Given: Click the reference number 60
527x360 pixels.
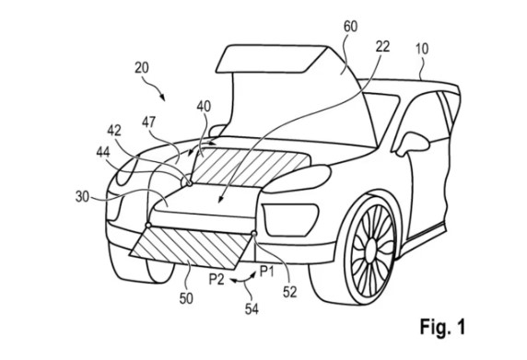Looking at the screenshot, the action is tap(350, 27).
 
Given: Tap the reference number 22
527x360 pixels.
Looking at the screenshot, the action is tap(382, 46).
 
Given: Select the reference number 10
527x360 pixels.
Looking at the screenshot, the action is tap(422, 49).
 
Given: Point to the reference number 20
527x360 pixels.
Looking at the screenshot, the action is tap(142, 68).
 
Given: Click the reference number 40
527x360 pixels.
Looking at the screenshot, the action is tap(204, 107).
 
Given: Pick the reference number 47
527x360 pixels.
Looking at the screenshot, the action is tap(149, 122).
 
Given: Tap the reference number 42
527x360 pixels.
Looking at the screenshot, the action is tap(114, 131).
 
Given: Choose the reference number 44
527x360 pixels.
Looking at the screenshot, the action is tap(103, 153).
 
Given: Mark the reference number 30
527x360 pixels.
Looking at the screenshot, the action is tap(82, 196).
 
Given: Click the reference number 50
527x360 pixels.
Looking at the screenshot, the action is tap(186, 298).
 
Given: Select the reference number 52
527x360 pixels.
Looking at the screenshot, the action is tap(289, 292).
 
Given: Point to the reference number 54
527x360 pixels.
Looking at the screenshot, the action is tap(252, 309).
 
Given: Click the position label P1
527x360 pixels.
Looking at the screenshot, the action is tap(267, 271).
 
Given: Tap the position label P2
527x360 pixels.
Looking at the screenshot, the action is tap(217, 279).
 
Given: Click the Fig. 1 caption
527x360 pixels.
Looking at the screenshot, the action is tap(442, 326).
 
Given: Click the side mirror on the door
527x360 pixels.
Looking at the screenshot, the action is tap(413, 144).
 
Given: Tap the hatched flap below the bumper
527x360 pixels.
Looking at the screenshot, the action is tap(190, 248).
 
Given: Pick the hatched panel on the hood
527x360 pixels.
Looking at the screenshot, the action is tap(250, 167).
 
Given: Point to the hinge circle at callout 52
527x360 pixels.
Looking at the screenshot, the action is tap(254, 233).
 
